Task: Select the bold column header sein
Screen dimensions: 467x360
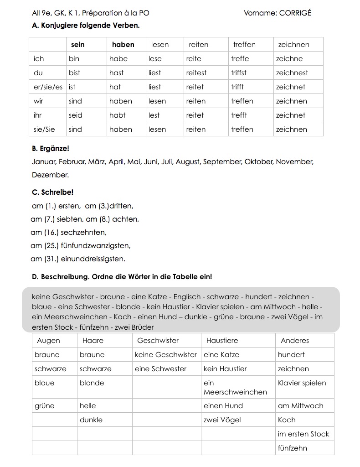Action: coord(78,45)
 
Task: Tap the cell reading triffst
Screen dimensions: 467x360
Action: coord(239,73)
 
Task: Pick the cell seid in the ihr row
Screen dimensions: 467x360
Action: coord(76,115)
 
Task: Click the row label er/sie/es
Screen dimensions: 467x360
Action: coord(48,87)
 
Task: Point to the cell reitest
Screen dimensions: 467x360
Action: coord(196,73)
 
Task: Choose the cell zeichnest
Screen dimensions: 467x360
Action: coord(292,73)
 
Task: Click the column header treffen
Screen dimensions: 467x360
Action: coord(244,45)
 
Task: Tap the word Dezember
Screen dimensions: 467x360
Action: coord(50,175)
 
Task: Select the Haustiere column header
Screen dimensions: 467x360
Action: coord(222,341)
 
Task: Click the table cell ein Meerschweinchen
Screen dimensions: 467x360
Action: coord(235,387)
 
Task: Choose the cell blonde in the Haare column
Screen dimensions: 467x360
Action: coord(92,383)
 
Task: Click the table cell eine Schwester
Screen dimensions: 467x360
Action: coord(160,369)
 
